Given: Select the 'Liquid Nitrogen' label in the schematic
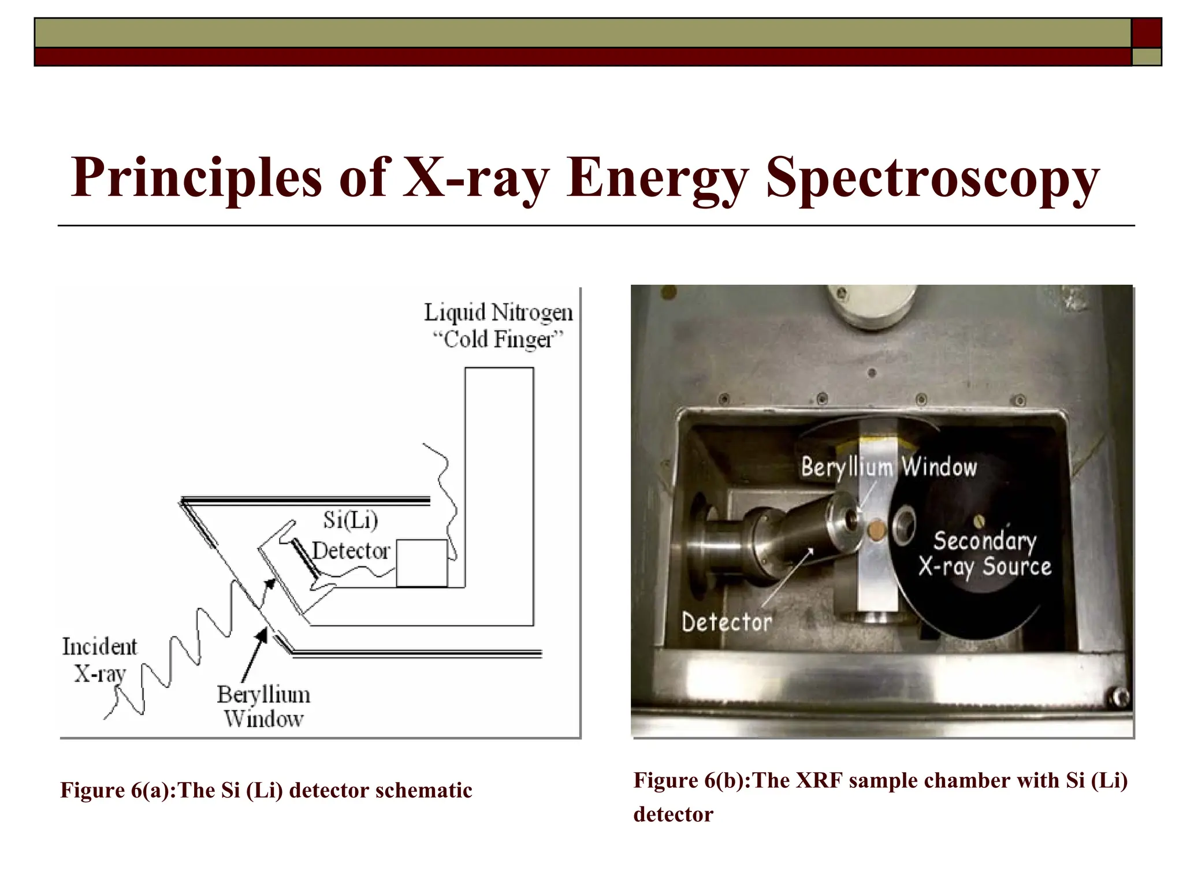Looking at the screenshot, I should coord(499,312).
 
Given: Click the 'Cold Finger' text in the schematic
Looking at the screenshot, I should coord(497,340).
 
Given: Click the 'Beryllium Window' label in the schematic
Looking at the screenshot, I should coord(263,706).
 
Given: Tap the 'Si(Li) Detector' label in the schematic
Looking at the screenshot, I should coord(351,536).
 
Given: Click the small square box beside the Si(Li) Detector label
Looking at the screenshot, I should coord(422,563).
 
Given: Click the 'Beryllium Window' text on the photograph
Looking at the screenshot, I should coord(888,467).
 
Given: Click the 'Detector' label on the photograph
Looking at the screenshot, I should coord(727,622).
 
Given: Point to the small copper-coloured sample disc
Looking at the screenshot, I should coord(878,528).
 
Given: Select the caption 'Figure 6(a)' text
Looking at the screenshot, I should coord(118,790).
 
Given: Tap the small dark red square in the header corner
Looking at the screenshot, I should coord(1146,32).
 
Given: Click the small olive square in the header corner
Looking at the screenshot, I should coord(1146,57).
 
